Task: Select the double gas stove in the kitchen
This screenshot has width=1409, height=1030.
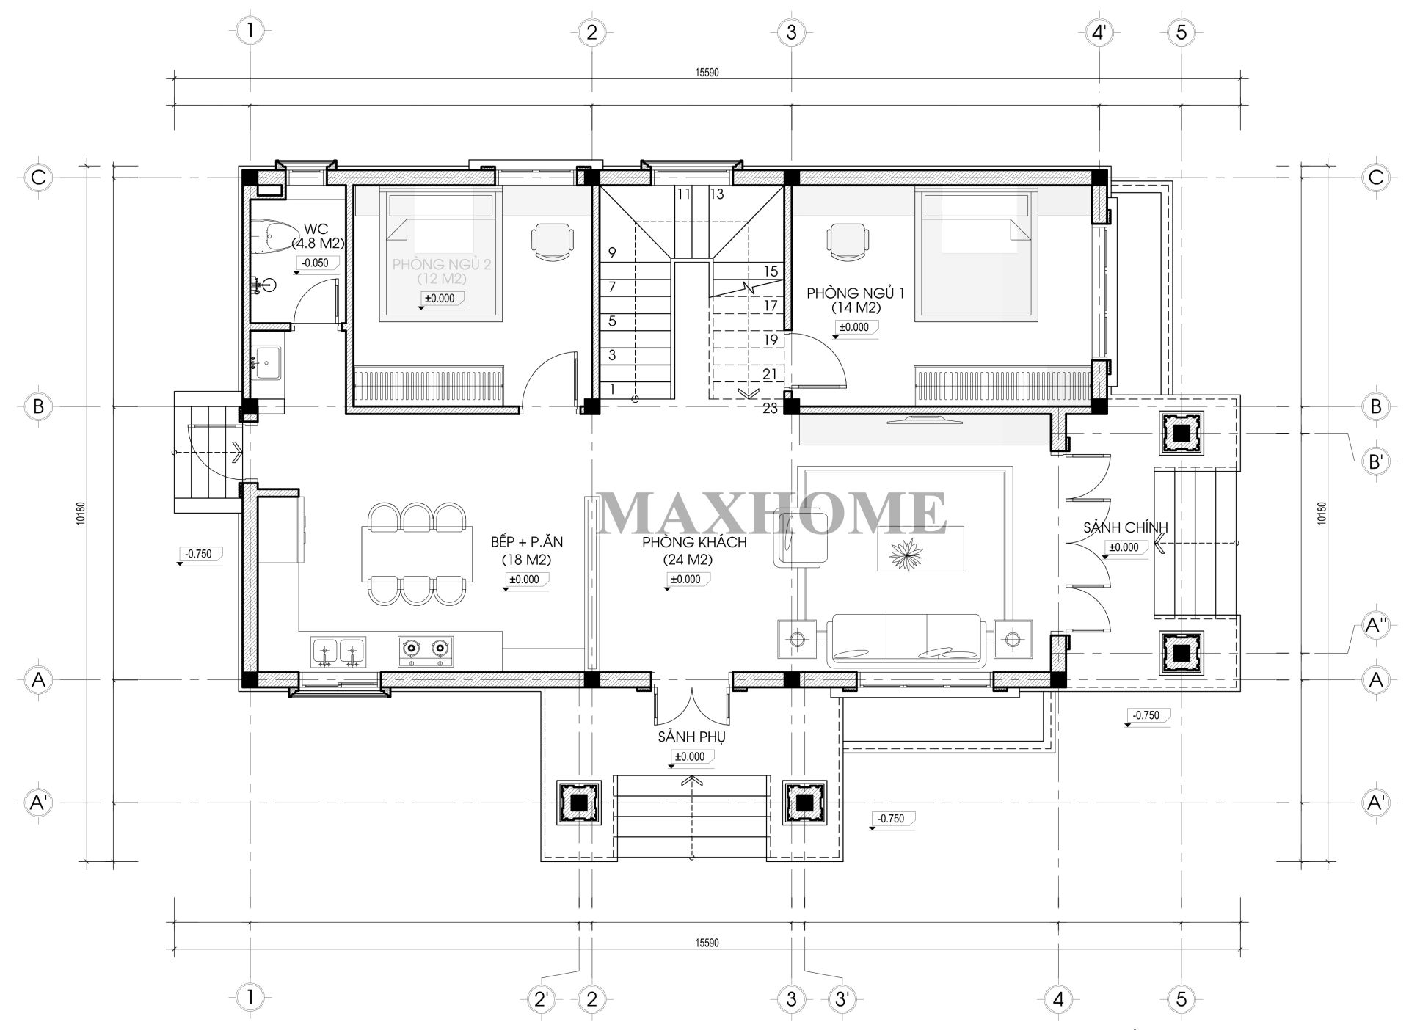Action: (x=425, y=650)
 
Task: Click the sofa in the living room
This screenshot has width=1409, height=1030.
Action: (x=905, y=640)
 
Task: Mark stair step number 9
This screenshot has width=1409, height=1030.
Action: (x=612, y=253)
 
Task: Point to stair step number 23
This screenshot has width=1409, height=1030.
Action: (x=770, y=409)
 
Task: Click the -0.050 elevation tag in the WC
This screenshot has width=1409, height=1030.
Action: (x=316, y=263)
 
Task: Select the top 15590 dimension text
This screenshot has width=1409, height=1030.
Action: (x=706, y=73)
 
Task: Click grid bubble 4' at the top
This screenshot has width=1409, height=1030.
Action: (x=1099, y=32)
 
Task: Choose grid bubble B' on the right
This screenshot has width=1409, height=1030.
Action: (x=1375, y=461)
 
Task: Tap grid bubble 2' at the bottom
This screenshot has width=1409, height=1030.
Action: (x=541, y=998)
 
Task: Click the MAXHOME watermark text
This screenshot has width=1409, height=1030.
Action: (x=772, y=513)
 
